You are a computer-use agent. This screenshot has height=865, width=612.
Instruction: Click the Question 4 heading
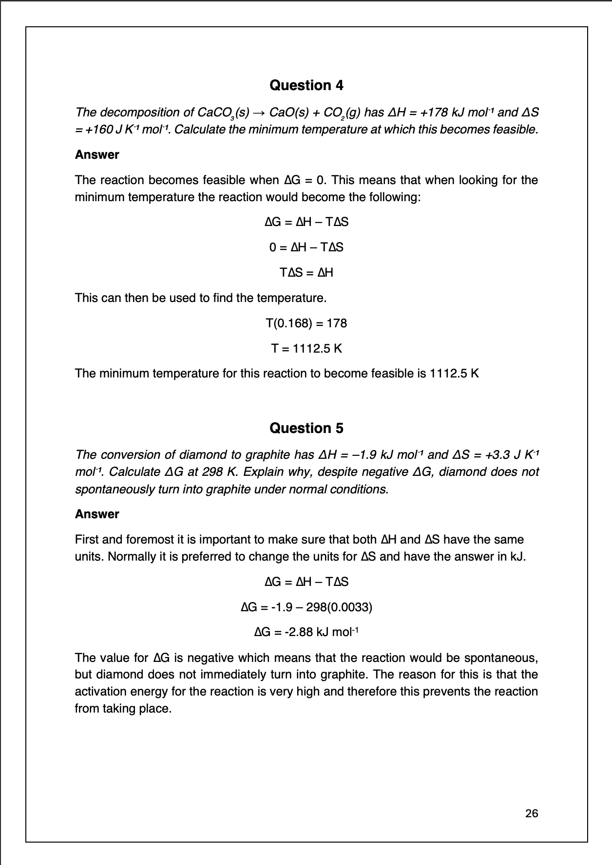[306, 86]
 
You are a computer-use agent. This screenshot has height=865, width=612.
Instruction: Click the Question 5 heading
[306, 428]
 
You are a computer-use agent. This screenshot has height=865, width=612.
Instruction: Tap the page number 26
[532, 813]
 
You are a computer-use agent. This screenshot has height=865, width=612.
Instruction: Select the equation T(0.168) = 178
[306, 323]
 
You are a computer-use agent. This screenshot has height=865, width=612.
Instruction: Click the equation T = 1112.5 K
[306, 349]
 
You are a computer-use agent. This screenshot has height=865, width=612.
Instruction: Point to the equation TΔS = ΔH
[306, 273]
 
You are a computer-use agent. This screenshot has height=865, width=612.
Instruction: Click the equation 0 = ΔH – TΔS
[306, 247]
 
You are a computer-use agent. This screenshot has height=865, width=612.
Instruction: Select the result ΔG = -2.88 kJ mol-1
[306, 632]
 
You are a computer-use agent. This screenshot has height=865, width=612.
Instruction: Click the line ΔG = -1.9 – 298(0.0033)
[306, 607]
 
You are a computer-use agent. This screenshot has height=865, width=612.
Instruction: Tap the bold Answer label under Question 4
[97, 155]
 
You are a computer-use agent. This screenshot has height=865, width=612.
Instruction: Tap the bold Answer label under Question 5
[97, 514]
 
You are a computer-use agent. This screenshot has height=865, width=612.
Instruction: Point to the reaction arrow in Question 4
[259, 113]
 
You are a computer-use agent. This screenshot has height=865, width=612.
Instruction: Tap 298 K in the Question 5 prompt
[226, 472]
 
